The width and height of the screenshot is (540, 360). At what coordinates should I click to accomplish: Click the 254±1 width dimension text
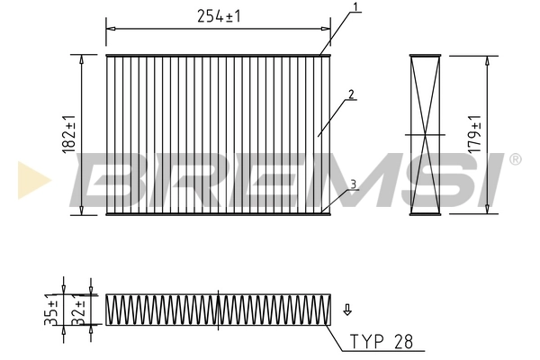point(219,15)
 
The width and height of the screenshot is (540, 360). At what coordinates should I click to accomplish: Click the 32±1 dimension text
point(81,309)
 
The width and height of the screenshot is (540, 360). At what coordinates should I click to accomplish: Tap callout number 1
point(356,7)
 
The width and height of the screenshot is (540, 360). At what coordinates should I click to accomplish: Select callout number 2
point(350,93)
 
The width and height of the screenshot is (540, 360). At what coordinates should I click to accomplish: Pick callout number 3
point(354,184)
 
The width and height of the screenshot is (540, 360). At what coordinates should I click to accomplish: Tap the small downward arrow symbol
point(346,311)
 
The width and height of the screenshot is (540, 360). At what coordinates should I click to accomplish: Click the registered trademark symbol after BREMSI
point(515,159)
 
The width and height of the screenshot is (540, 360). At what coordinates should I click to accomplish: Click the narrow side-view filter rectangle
point(426,135)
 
